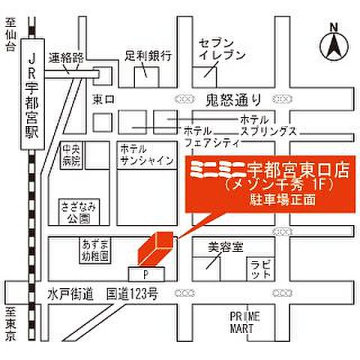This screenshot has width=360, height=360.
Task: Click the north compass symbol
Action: (331, 45)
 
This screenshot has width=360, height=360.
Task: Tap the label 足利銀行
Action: (148, 55)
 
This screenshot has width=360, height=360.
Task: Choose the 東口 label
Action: (101, 98)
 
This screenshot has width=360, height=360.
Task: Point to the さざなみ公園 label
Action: (76, 212)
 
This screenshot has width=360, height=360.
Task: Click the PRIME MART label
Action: (243, 321)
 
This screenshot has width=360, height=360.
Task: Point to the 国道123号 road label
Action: (132, 295)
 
